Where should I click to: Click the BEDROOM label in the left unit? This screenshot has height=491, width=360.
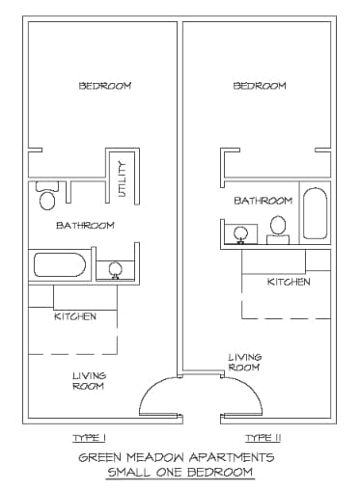click(x=104, y=86)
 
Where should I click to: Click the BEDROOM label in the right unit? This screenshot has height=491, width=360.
click(x=260, y=86)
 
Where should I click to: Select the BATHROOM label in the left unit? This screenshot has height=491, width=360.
click(x=85, y=226)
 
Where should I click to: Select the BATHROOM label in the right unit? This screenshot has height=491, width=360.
click(x=263, y=201)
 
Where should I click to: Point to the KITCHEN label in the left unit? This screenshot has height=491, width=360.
click(x=75, y=316)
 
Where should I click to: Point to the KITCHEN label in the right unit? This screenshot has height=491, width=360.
click(x=289, y=283)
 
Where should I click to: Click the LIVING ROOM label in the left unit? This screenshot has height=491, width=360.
click(x=89, y=380)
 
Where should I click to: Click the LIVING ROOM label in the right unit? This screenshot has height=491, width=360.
click(x=244, y=362)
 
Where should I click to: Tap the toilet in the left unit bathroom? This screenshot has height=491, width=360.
click(x=46, y=199)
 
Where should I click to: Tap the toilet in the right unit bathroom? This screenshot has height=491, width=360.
click(x=278, y=227)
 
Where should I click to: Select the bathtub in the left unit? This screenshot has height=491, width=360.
click(x=60, y=264)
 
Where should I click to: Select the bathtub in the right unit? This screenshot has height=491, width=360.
click(x=316, y=213)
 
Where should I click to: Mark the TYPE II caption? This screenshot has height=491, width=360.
click(x=262, y=438)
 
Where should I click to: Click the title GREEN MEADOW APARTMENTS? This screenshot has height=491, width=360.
click(x=177, y=457)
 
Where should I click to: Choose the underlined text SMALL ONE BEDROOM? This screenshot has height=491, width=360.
click(x=180, y=472)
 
